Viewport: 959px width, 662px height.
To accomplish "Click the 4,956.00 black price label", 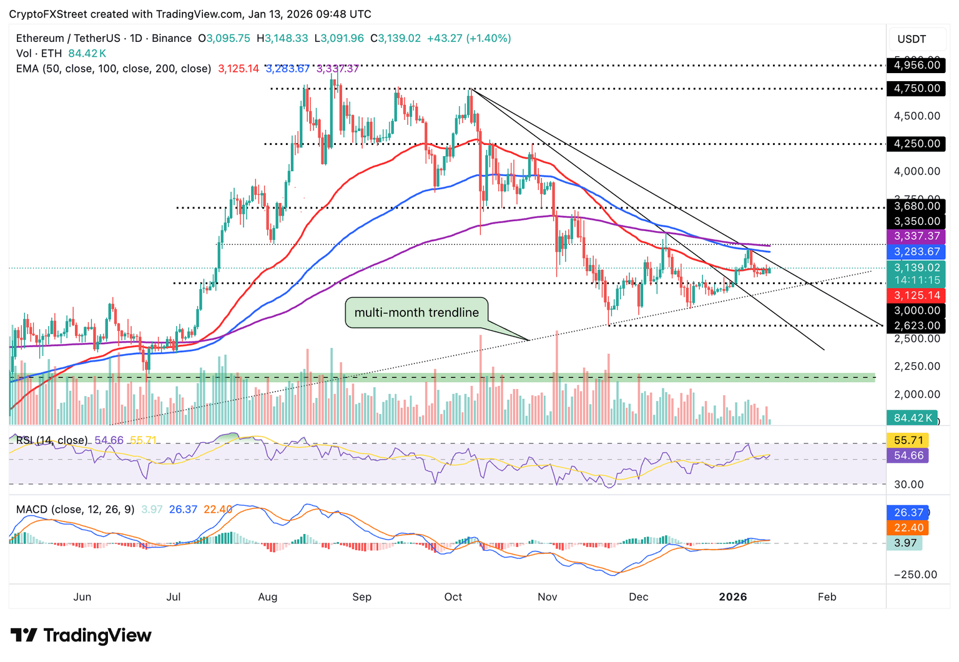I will pyautogui.click(x=916, y=65).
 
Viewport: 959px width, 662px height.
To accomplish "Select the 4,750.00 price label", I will pyautogui.click(x=916, y=88).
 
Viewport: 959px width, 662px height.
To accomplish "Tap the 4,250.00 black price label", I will pyautogui.click(x=916, y=144).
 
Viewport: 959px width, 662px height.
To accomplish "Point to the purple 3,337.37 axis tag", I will pyautogui.click(x=916, y=236).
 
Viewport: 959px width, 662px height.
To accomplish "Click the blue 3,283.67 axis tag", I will pyautogui.click(x=916, y=252).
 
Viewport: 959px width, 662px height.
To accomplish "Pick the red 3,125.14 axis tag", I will pyautogui.click(x=916, y=295).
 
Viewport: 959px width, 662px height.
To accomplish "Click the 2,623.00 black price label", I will pyautogui.click(x=916, y=325).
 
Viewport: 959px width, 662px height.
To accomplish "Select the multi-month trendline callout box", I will pyautogui.click(x=416, y=313).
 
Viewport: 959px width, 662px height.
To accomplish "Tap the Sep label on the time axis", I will pyautogui.click(x=361, y=597).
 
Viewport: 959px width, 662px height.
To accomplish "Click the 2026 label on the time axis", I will pyautogui.click(x=732, y=597).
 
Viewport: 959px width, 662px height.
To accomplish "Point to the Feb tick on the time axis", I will pyautogui.click(x=827, y=597).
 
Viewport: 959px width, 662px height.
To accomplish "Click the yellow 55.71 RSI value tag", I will pyautogui.click(x=908, y=440).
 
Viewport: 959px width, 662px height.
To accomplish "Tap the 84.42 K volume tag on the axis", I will pyautogui.click(x=912, y=418).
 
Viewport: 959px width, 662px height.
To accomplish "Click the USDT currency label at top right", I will pyautogui.click(x=912, y=39).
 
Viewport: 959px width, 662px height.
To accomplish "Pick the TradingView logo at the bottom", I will pyautogui.click(x=81, y=636).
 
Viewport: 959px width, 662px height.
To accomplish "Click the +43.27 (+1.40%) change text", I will pyautogui.click(x=469, y=38).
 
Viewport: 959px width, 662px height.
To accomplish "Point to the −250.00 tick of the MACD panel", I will pyautogui.click(x=915, y=575).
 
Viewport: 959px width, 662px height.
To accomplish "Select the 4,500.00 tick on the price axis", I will pyautogui.click(x=917, y=116).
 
